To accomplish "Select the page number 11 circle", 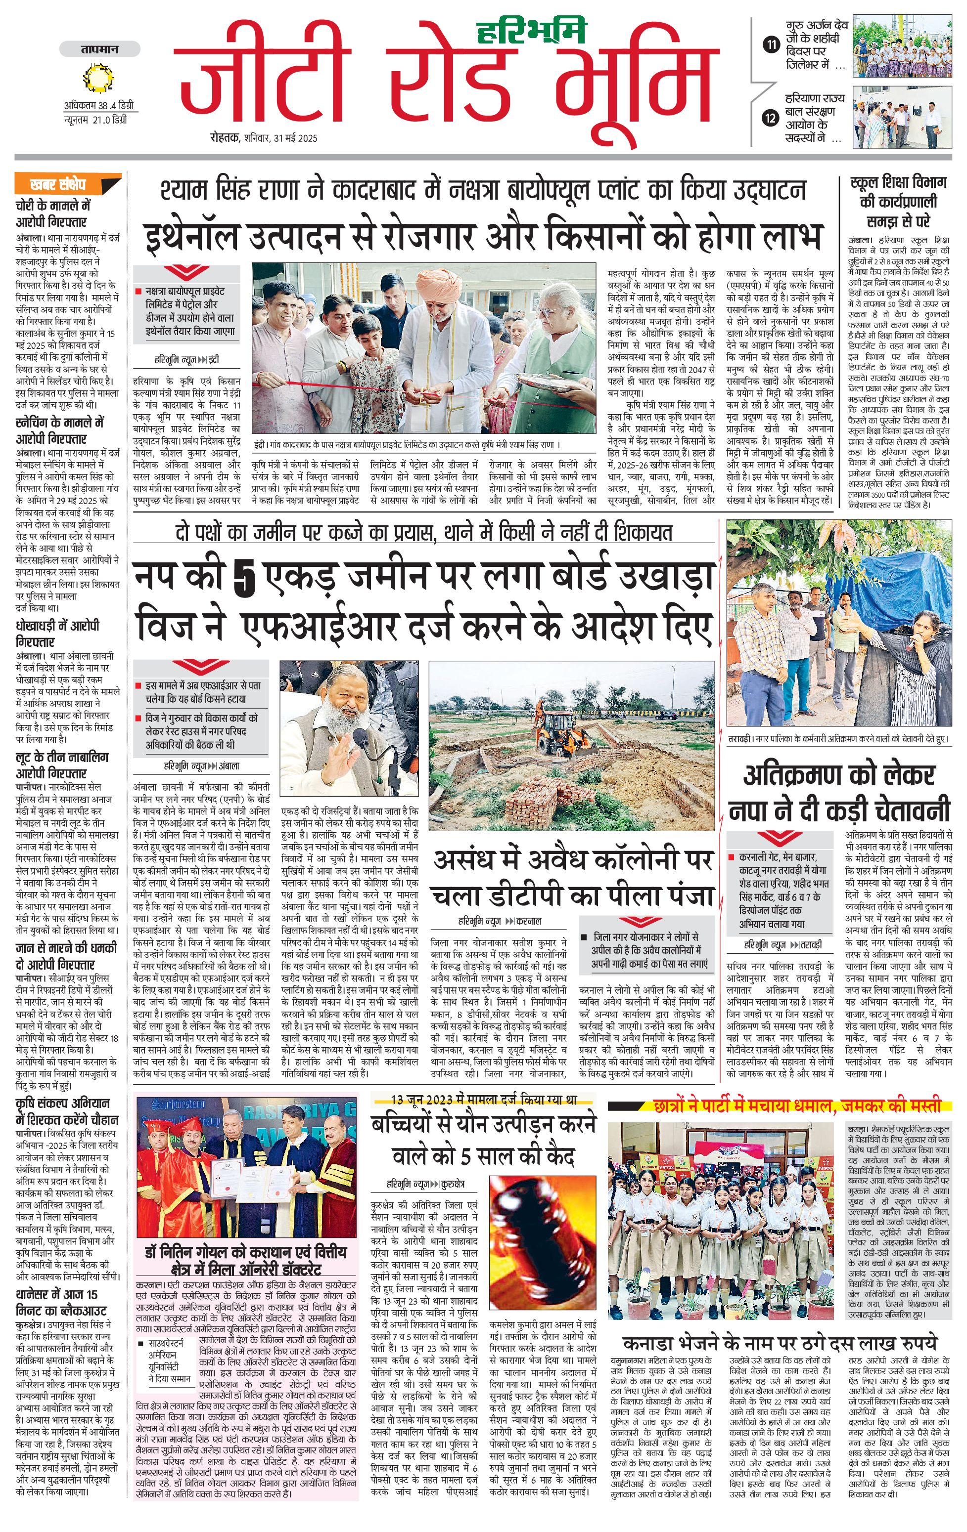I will pos(771,44).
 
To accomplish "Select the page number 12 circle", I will pos(771,118).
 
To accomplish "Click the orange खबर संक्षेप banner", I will pos(67,184).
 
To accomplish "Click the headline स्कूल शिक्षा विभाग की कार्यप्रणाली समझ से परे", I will pos(898,202).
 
